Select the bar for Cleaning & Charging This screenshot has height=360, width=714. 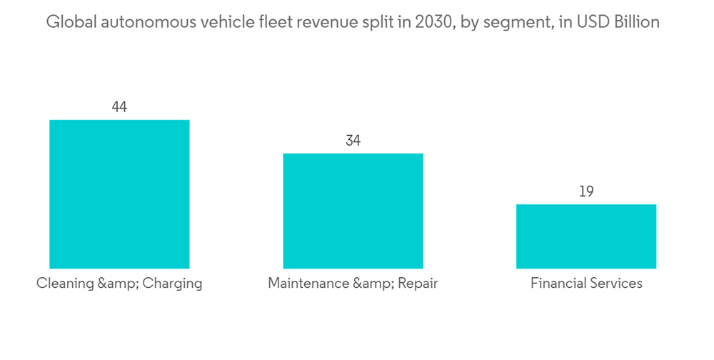coord(119,194)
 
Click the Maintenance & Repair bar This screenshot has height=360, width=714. coord(353,211)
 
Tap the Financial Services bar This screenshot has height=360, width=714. coord(586,236)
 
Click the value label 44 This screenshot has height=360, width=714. coord(119,107)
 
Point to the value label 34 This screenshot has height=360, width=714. coord(353,141)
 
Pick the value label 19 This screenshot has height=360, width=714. coord(586,191)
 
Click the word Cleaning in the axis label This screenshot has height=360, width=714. coord(65,284)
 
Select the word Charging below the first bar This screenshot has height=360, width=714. coord(172,284)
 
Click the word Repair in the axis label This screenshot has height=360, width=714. coord(418,284)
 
